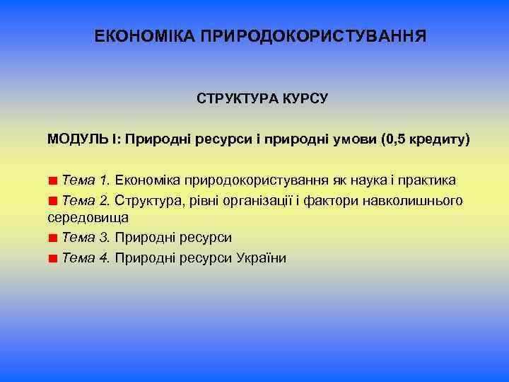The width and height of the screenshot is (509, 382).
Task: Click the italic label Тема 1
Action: [x=85, y=180]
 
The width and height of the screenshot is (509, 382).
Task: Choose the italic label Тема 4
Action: [x=85, y=257]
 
